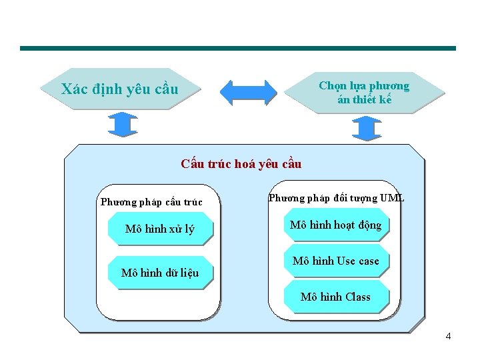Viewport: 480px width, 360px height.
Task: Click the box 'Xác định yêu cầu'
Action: click(120, 89)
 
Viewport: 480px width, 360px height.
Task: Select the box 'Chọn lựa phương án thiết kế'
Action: click(364, 93)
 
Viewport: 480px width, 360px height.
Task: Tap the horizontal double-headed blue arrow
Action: click(248, 93)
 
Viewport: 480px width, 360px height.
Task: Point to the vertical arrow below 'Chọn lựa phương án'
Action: click(366, 128)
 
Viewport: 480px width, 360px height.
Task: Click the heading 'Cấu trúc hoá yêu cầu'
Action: click(241, 164)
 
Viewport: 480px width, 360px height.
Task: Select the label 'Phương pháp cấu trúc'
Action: click(151, 202)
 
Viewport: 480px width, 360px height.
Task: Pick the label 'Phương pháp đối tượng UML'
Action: click(336, 198)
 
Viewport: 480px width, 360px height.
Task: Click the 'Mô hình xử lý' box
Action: click(160, 229)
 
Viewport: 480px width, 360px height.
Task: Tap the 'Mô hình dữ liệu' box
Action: click(160, 272)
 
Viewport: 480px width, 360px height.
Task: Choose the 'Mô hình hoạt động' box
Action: click(336, 225)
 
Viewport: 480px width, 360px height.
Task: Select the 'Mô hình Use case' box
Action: click(336, 261)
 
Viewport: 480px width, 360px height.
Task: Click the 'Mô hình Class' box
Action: click(336, 297)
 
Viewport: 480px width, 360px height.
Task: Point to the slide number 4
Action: click(448, 336)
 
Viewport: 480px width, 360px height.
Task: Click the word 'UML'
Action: click(392, 198)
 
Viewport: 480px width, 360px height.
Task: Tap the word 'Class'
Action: click(357, 297)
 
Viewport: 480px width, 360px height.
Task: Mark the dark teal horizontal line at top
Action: click(238, 48)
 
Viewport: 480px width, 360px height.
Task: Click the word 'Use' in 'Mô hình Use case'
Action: click(346, 261)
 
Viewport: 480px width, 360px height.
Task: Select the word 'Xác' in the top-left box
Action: click(74, 89)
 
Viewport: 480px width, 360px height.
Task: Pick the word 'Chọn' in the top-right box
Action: click(331, 85)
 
